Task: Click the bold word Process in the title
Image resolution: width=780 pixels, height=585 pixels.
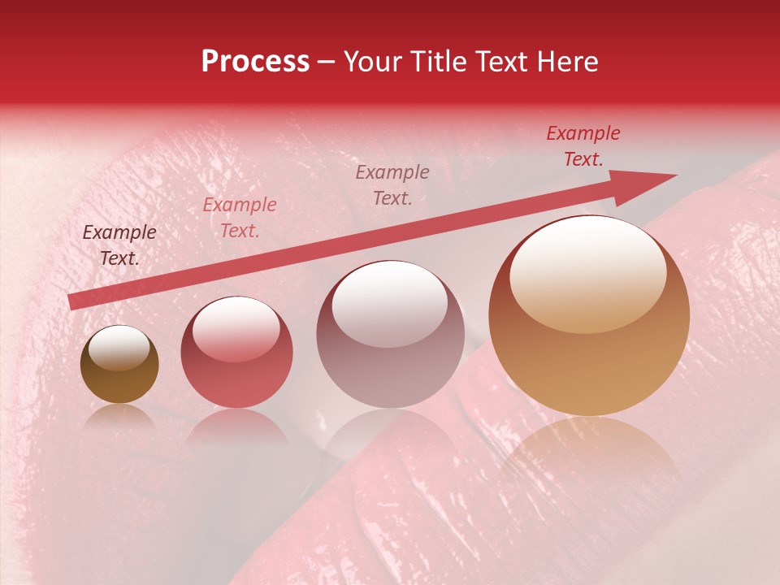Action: coord(255,62)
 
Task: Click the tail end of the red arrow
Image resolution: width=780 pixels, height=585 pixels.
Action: coord(73,301)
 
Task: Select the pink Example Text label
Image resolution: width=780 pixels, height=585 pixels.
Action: coord(240,218)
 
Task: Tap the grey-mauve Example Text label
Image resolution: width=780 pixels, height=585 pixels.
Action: coord(392,185)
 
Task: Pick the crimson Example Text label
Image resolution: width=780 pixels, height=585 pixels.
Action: coord(583,146)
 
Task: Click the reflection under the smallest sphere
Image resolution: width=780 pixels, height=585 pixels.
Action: coord(119,416)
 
